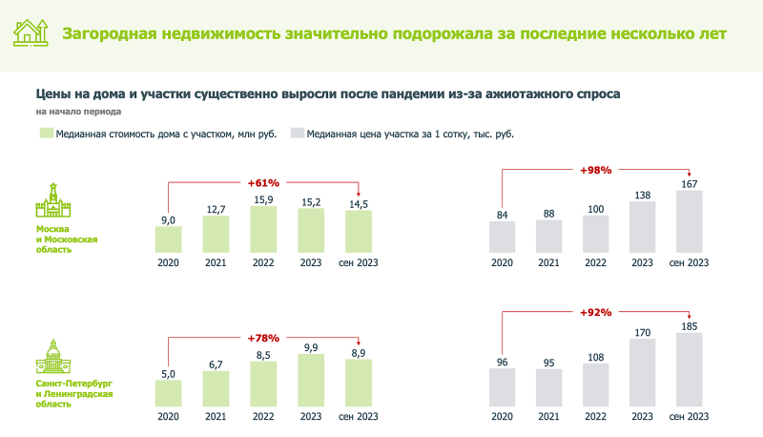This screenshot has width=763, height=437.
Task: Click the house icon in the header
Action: pos(31,32)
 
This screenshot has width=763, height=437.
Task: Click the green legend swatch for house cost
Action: pos(44,135)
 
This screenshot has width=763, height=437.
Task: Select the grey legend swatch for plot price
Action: pos(297,135)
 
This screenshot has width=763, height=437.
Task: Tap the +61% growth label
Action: pos(262,181)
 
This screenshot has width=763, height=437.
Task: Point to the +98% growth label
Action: pos(596,170)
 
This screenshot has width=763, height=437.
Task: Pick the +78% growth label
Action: pos(262,339)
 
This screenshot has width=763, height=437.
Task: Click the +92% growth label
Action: pos(596,312)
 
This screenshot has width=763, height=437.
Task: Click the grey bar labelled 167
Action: pos(690,220)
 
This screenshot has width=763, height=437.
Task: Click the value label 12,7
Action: pos(217,209)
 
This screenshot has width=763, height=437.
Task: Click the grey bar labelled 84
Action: pos(503,238)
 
